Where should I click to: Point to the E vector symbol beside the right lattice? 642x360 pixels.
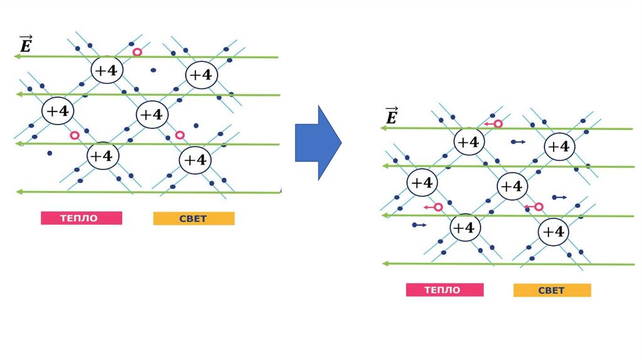click(x=391, y=116)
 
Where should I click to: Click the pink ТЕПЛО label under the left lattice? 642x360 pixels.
click(x=81, y=218)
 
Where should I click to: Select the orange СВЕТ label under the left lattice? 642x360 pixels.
click(x=194, y=218)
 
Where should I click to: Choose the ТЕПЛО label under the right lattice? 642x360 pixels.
click(x=444, y=290)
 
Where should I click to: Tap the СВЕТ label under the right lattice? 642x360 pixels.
click(x=552, y=290)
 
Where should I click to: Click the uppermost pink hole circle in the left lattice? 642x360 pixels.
click(x=137, y=52)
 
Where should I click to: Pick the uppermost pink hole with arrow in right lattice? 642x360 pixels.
click(x=498, y=124)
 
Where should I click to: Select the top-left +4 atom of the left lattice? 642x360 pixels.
click(x=106, y=71)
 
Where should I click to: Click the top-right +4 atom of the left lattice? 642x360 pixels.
click(x=201, y=75)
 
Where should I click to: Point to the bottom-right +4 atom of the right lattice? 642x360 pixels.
click(x=553, y=232)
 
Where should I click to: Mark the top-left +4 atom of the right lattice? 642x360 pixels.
click(x=468, y=142)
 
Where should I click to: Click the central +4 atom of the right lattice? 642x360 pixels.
click(x=512, y=186)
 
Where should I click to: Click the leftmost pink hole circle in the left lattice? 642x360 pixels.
click(x=75, y=135)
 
